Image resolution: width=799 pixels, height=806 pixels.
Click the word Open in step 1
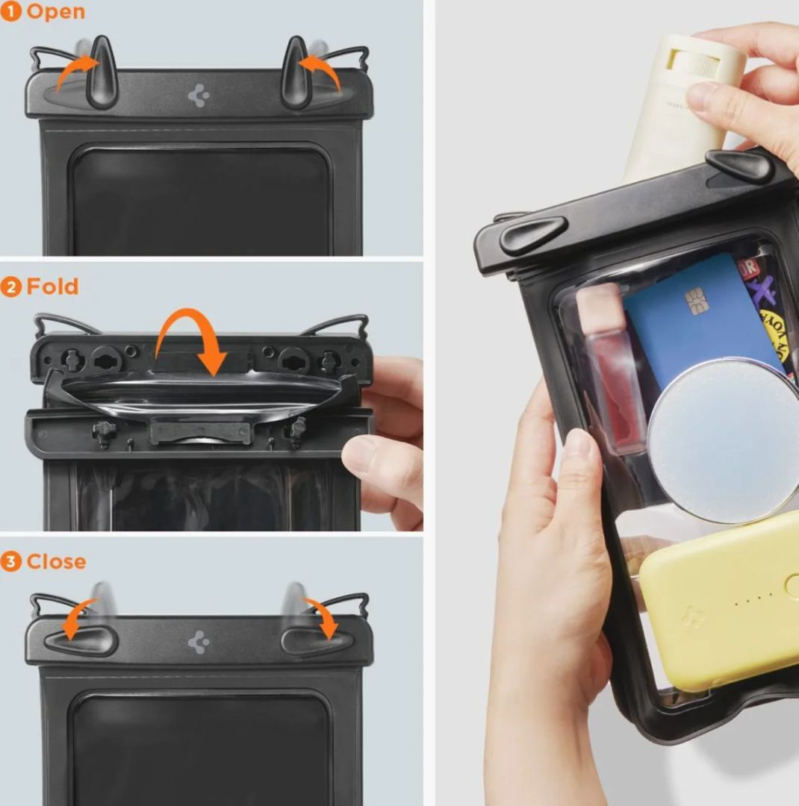(55, 11)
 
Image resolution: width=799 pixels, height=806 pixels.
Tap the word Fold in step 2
(52, 287)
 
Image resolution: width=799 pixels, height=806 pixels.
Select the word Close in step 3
(56, 561)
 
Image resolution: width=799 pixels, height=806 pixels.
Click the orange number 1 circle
(10, 11)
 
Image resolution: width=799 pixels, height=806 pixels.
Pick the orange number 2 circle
(10, 287)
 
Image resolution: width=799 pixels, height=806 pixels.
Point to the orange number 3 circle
(10, 561)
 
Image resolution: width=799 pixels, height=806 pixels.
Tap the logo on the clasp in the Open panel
(199, 96)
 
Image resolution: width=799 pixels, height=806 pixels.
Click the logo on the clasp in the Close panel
(199, 642)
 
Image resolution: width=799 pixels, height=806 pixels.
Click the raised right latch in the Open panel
(296, 73)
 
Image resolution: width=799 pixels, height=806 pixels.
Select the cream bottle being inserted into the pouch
(683, 104)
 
